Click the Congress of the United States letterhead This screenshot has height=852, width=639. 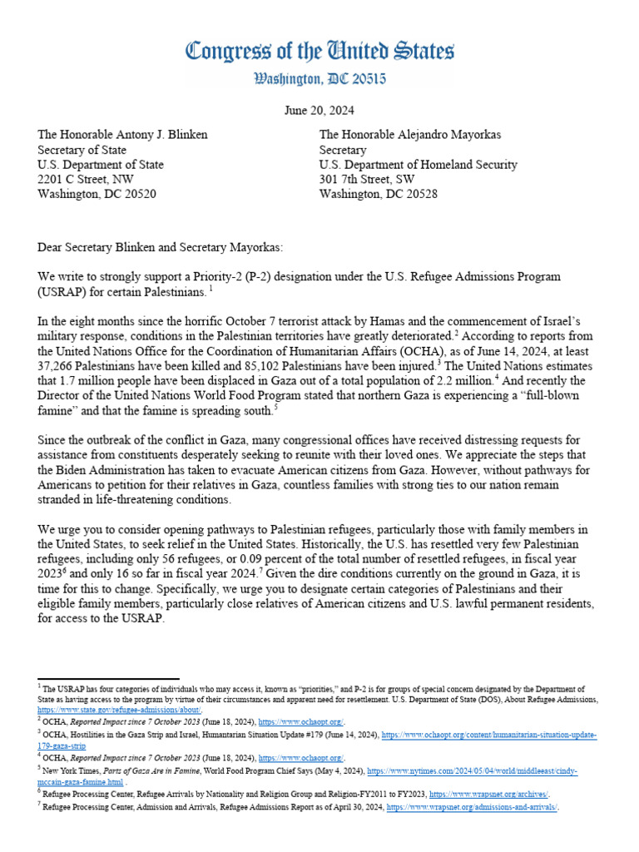[x=319, y=52]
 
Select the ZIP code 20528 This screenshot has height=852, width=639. [x=419, y=195]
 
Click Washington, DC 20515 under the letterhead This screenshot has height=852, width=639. [x=319, y=80]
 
